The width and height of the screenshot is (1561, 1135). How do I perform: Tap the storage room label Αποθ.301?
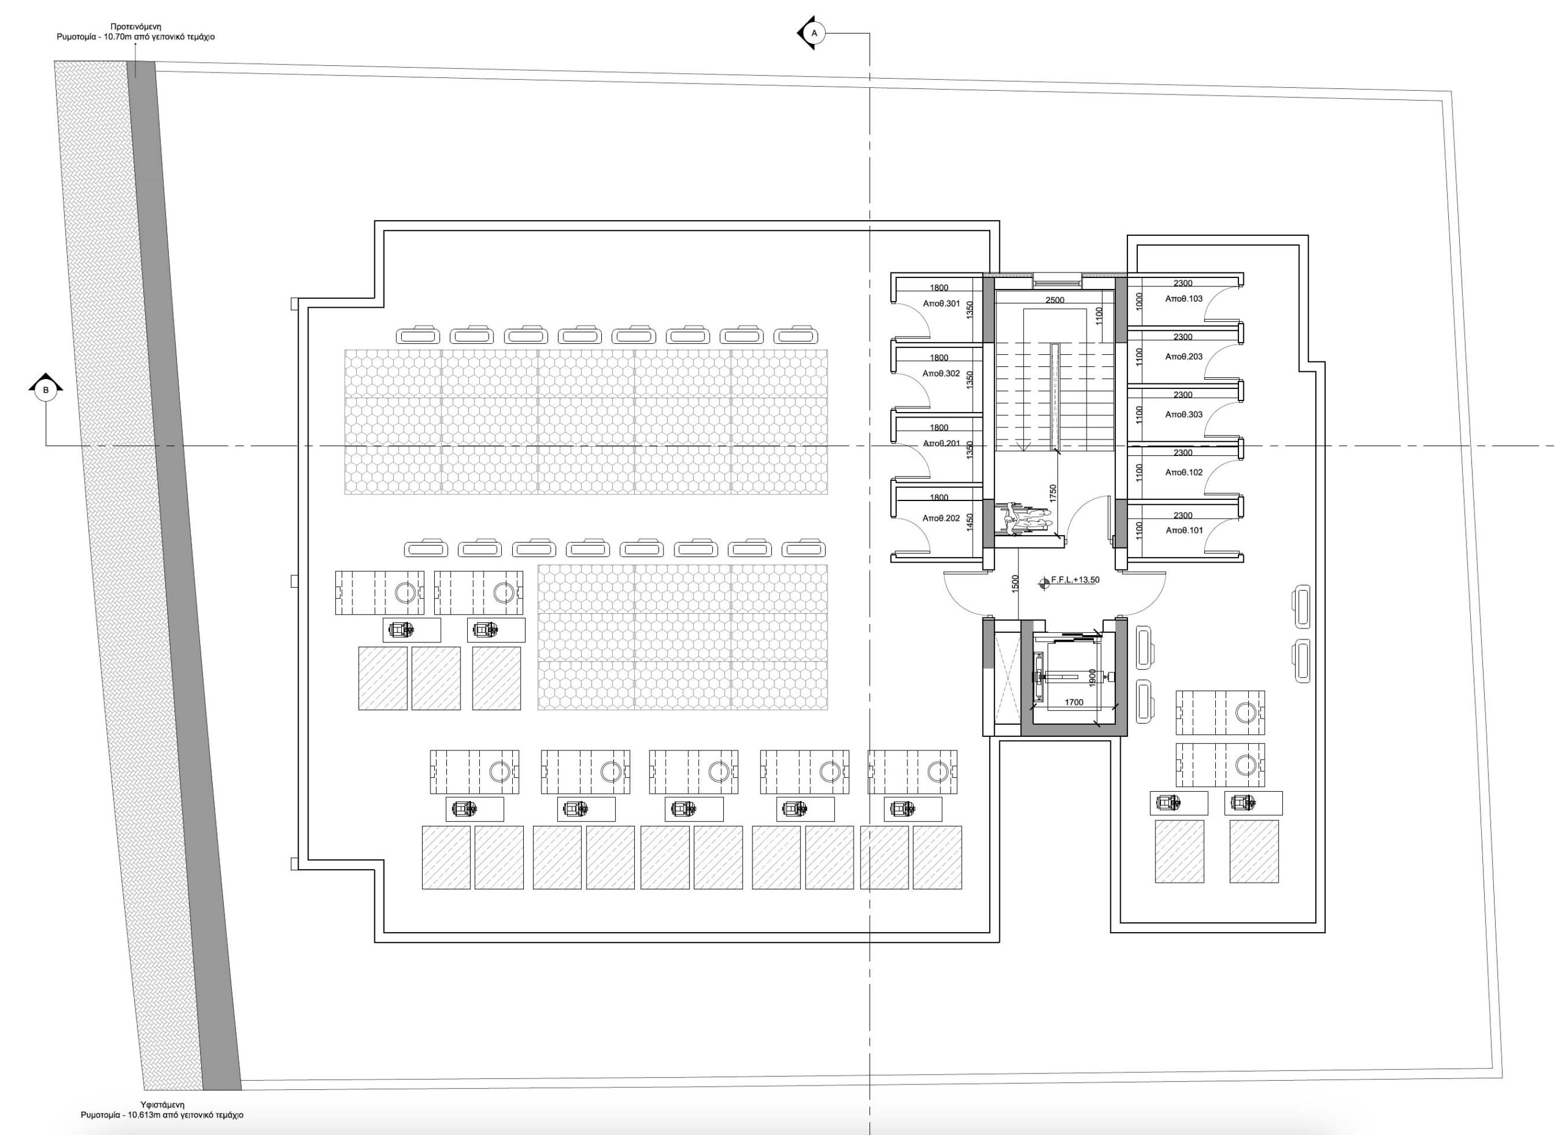point(941,304)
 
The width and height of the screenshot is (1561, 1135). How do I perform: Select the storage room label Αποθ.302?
point(941,374)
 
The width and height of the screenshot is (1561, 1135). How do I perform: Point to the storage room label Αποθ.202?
point(941,518)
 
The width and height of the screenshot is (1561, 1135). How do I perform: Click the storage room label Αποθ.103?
point(1184,299)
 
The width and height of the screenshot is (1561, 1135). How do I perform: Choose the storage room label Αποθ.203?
point(1184,357)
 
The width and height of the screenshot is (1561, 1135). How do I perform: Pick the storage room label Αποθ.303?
point(1184,414)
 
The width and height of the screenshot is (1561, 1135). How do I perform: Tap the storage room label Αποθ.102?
point(1184,472)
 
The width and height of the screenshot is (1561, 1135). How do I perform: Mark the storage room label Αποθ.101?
point(1184,530)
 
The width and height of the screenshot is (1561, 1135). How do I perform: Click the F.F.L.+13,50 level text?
point(1075,580)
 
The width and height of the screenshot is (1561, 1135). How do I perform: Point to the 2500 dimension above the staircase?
point(1054,300)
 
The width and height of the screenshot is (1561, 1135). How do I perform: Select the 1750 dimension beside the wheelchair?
point(1052,493)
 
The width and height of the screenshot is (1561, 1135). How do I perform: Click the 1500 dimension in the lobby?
point(1015,583)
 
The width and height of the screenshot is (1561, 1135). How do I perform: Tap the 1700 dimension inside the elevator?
point(1074,702)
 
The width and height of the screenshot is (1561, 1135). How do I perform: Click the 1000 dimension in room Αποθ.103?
point(1139,301)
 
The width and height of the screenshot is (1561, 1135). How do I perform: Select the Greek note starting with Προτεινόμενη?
point(135,32)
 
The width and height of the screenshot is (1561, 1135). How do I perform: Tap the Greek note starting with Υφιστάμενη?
point(162,1109)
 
